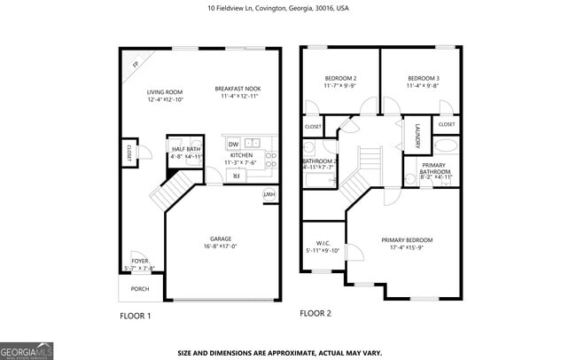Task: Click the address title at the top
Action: click(277, 7)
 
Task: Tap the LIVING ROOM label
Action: click(165, 91)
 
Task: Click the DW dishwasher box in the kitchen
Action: click(233, 144)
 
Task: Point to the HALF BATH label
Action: click(186, 149)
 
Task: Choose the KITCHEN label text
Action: click(241, 155)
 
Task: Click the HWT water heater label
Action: click(268, 194)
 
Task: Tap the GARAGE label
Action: click(221, 239)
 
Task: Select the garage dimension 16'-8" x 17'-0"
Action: click(221, 247)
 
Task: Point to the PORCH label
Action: click(140, 289)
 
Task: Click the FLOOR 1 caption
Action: click(136, 316)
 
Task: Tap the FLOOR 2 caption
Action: click(315, 313)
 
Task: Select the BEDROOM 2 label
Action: click(340, 79)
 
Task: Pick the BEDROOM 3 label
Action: click(424, 79)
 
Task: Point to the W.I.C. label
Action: click(323, 243)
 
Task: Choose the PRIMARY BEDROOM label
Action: click(407, 240)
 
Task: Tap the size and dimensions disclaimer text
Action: click(280, 352)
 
